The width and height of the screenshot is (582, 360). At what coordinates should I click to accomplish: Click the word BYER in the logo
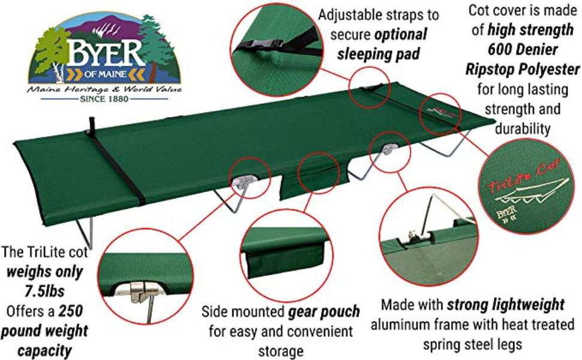pos(105,53)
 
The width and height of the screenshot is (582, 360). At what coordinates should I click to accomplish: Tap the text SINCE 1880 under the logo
pos(104,99)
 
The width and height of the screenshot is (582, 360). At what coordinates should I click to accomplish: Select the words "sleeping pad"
pos(378,54)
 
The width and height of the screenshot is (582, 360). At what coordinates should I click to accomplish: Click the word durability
pos(523,129)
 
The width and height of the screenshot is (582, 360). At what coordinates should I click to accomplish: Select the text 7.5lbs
pos(44,292)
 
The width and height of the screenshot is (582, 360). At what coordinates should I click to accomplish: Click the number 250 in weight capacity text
pos(71,311)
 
